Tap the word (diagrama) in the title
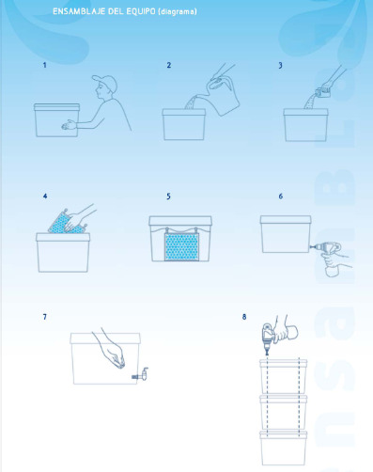178,11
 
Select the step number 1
44,65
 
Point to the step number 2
169,65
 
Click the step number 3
280,65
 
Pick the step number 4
45,197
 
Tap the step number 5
168,197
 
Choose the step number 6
281,197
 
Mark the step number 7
45,317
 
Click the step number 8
244,317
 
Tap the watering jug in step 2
224,97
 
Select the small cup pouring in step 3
323,91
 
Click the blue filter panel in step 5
182,247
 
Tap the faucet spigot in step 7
141,373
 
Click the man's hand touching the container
69,125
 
